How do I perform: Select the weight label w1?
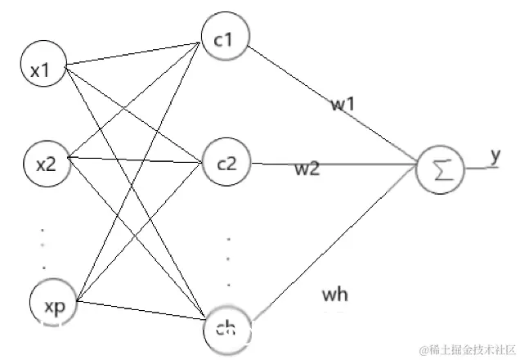click(x=343, y=103)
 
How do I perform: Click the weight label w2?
click(x=308, y=170)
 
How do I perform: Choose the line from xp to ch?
click(x=139, y=314)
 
